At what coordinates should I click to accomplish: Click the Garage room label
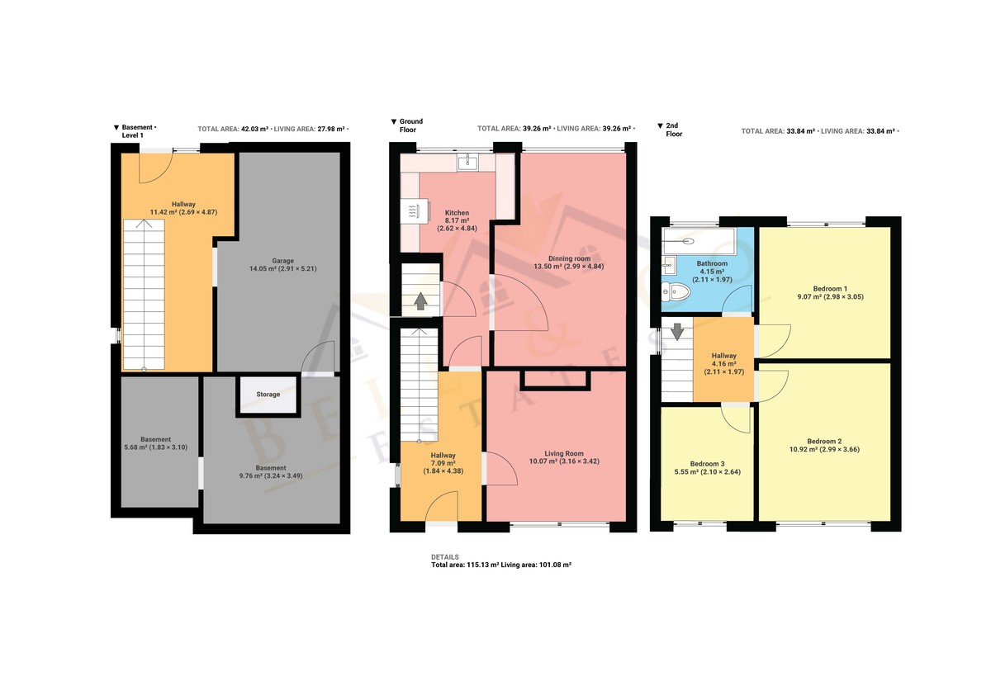pyautogui.click(x=282, y=261)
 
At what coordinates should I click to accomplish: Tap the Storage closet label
pyautogui.click(x=268, y=394)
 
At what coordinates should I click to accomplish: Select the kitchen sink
pyautogui.click(x=467, y=163)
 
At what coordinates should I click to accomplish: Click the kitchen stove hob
pyautogui.click(x=415, y=212)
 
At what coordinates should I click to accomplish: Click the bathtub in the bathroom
pyautogui.click(x=699, y=241)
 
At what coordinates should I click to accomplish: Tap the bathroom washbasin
pyautogui.click(x=669, y=266)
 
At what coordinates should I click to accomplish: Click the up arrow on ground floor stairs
pyautogui.click(x=420, y=301)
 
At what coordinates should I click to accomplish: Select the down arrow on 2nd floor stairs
pyautogui.click(x=677, y=332)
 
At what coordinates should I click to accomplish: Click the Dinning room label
pyautogui.click(x=569, y=258)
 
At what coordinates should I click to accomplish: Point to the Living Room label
pyautogui.click(x=564, y=453)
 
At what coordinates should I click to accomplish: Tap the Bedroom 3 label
pyautogui.click(x=708, y=464)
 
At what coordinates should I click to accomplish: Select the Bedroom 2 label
pyautogui.click(x=825, y=441)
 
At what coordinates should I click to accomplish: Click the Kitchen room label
pyautogui.click(x=457, y=213)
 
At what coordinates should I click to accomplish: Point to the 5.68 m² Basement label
pyautogui.click(x=156, y=439)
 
